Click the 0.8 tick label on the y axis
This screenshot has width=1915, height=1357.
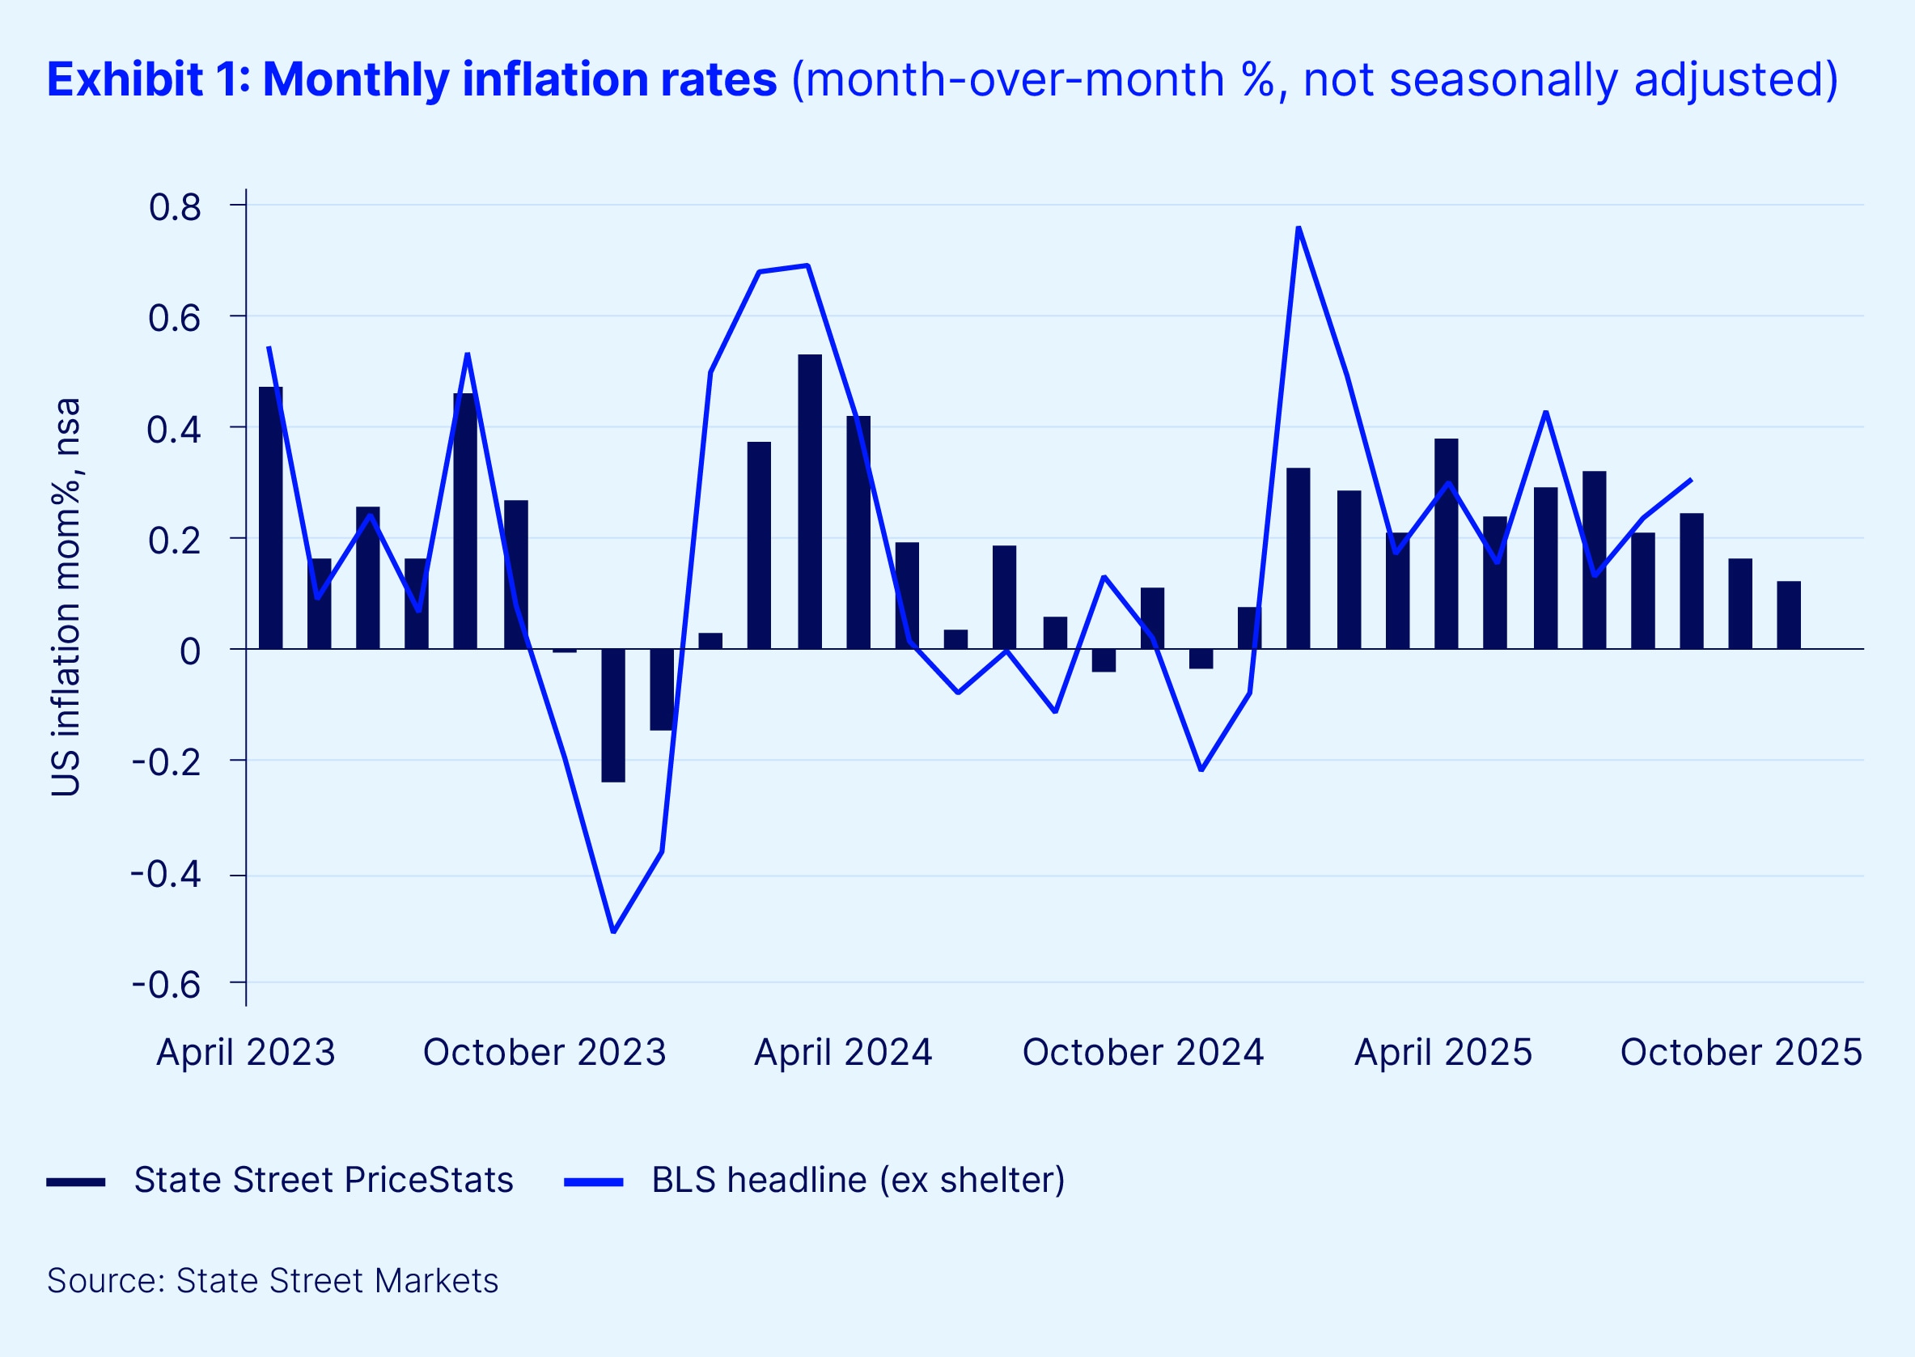click(x=175, y=207)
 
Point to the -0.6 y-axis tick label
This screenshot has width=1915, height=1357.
click(x=167, y=985)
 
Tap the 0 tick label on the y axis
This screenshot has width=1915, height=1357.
click(x=189, y=651)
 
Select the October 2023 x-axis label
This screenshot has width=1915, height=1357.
click(x=544, y=1052)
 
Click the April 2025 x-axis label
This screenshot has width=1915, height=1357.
click(x=1443, y=1052)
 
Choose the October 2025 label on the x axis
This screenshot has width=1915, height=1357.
click(x=1741, y=1052)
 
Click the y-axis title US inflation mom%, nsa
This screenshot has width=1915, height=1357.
click(x=66, y=596)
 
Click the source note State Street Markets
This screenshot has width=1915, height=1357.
click(x=273, y=1280)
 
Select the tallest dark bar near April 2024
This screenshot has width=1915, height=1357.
click(x=810, y=502)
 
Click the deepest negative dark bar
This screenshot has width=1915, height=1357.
click(x=613, y=715)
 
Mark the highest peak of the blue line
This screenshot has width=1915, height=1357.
click(x=1299, y=227)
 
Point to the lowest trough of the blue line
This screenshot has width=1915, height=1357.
click(x=613, y=931)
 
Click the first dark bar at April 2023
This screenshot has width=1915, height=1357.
click(x=271, y=518)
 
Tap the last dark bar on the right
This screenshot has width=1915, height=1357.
click(x=1789, y=615)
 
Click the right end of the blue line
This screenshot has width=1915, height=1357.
click(x=1691, y=480)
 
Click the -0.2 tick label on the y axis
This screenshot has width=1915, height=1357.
click(x=167, y=762)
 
